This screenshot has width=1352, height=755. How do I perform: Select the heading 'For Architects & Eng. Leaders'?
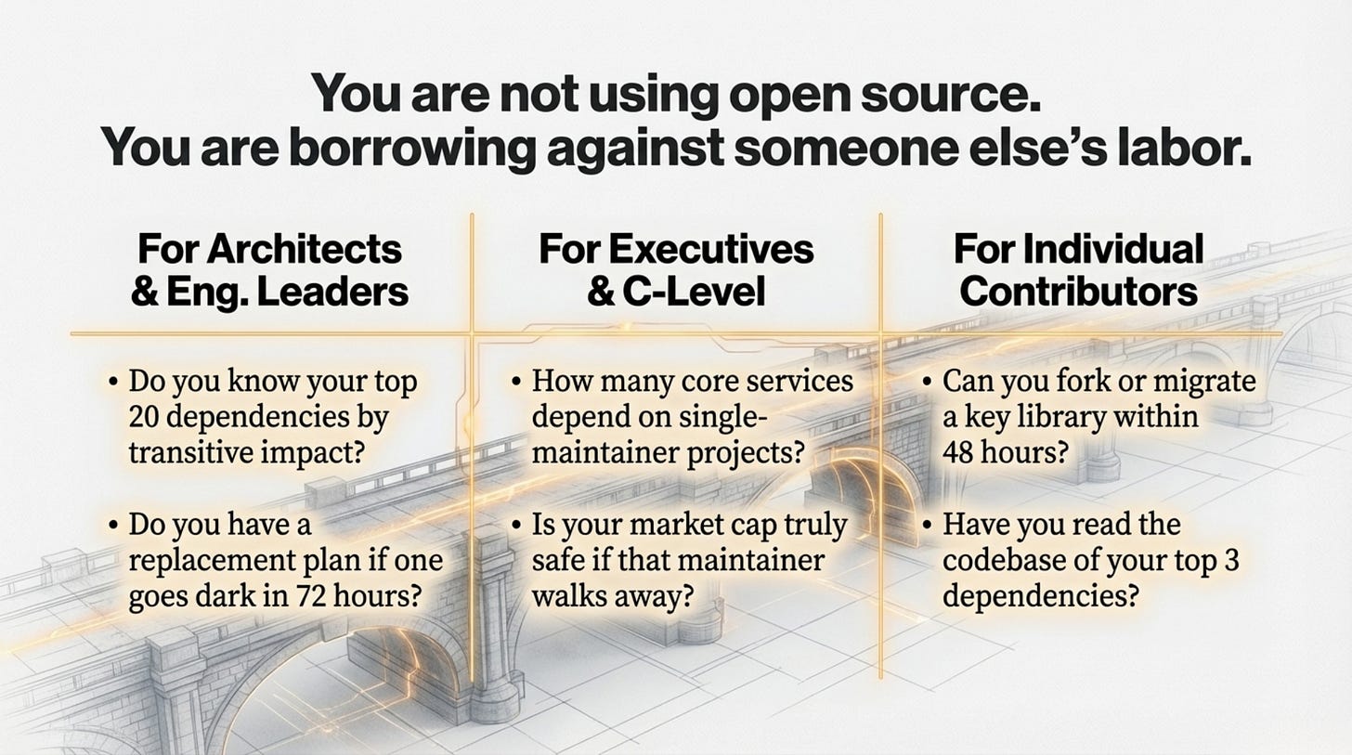click(x=269, y=270)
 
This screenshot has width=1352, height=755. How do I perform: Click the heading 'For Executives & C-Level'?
click(x=675, y=270)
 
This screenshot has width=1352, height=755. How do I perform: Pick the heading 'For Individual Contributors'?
click(x=1078, y=270)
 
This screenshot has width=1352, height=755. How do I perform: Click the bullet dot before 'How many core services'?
click(x=517, y=383)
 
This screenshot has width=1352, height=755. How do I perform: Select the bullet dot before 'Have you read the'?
click(x=928, y=527)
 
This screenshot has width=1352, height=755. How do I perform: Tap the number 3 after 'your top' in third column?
click(x=1232, y=561)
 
